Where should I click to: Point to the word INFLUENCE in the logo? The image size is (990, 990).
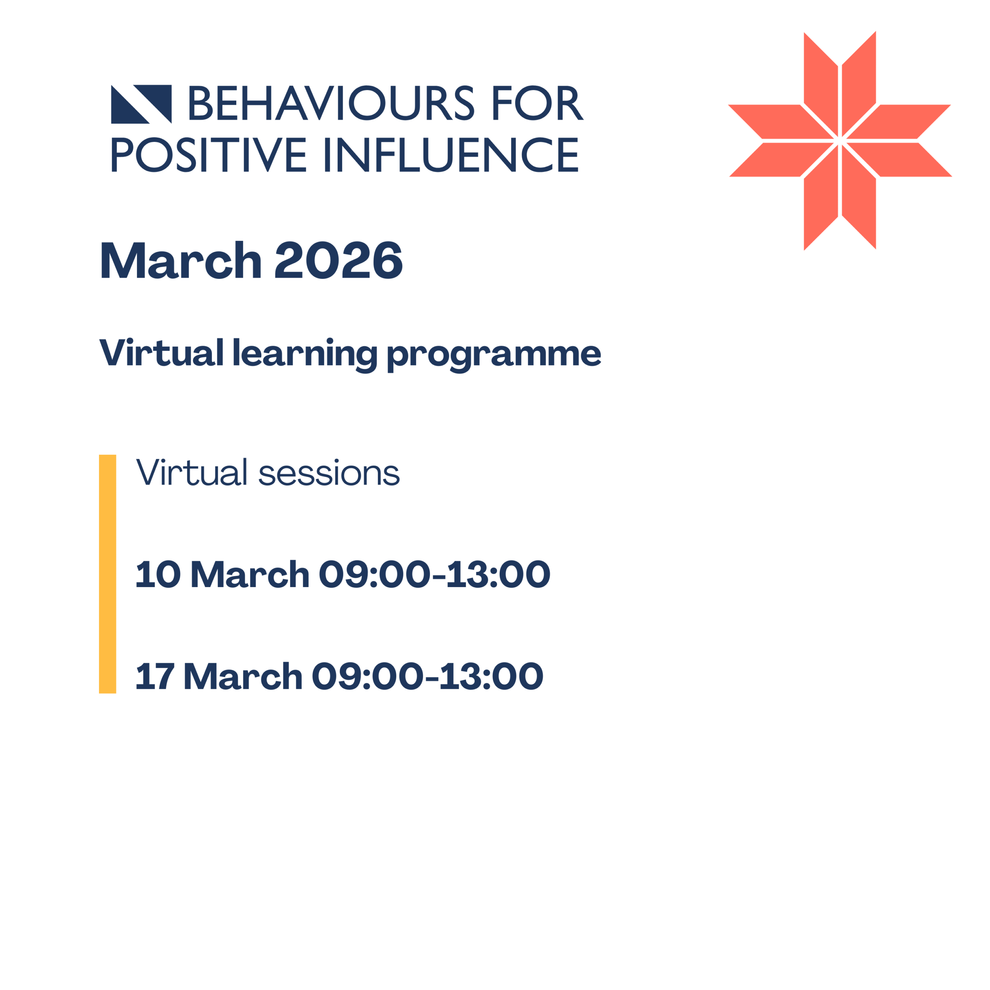click(x=451, y=154)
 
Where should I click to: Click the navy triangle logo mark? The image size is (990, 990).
click(x=141, y=104)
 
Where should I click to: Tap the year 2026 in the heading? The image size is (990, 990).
click(x=339, y=260)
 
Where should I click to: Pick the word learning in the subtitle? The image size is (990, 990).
click(x=305, y=353)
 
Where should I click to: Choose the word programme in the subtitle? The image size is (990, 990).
click(x=493, y=355)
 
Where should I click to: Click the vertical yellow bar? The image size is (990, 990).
click(x=108, y=574)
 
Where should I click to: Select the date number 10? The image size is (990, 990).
click(x=158, y=574)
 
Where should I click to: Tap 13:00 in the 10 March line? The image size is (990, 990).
click(x=498, y=574)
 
